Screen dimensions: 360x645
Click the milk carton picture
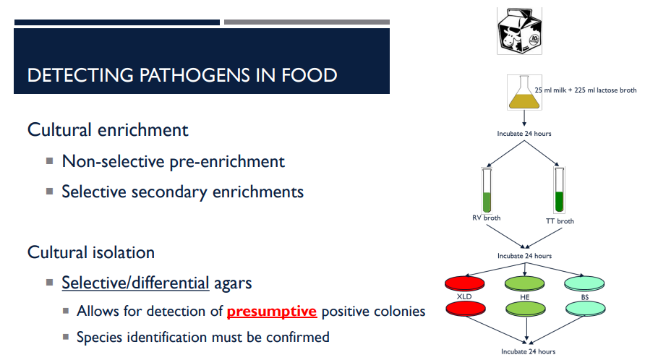coord(519,30)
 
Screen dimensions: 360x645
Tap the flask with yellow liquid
coord(523,95)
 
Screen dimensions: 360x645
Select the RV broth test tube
coord(487,189)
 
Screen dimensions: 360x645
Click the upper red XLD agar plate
coord(465,283)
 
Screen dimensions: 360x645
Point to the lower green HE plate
coord(527,309)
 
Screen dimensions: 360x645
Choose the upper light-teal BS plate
coord(585,282)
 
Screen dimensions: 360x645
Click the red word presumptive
coord(272,312)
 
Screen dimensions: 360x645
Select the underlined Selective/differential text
coord(135,283)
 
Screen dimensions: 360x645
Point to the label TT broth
coord(560,221)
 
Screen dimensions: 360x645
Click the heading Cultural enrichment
coord(108,130)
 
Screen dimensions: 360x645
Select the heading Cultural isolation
coord(91,252)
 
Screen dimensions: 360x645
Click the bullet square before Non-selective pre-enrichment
coord(50,161)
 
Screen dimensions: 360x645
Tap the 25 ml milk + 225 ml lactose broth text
coord(586,90)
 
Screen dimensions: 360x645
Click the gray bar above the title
coord(307,22)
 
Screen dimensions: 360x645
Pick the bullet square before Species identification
coord(66,337)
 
